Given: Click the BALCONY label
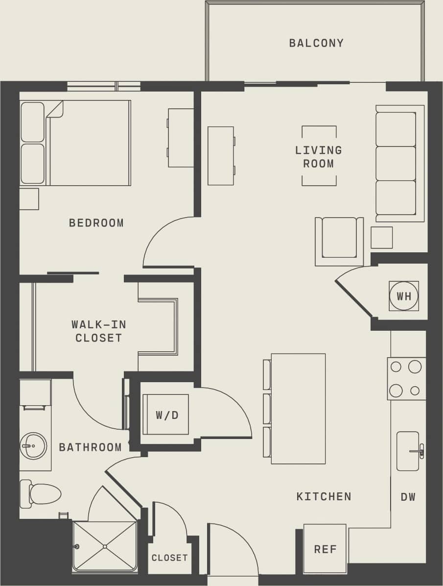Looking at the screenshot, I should [x=316, y=43].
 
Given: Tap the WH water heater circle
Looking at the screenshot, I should [x=404, y=296].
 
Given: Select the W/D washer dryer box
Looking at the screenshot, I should [x=166, y=415].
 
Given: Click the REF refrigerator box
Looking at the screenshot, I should [x=325, y=549].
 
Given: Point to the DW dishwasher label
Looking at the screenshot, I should [x=408, y=497].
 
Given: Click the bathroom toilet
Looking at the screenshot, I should [x=42, y=494].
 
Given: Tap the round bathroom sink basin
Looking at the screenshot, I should [x=33, y=446].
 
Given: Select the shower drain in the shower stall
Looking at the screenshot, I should [x=105, y=546].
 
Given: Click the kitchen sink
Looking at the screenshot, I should [x=408, y=451].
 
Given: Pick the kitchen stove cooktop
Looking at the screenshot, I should [x=406, y=379].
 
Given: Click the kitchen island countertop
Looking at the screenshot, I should [x=298, y=409].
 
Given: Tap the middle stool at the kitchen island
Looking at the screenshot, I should [x=267, y=409].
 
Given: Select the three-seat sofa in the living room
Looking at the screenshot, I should [x=398, y=163].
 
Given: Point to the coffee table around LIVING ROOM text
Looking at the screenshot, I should [x=319, y=156].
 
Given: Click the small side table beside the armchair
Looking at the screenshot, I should [x=381, y=237].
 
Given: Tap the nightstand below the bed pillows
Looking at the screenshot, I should [x=29, y=199].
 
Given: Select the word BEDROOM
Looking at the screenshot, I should [x=96, y=223].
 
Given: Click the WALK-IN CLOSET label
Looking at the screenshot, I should [x=98, y=331].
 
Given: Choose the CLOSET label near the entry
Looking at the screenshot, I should [x=169, y=558].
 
